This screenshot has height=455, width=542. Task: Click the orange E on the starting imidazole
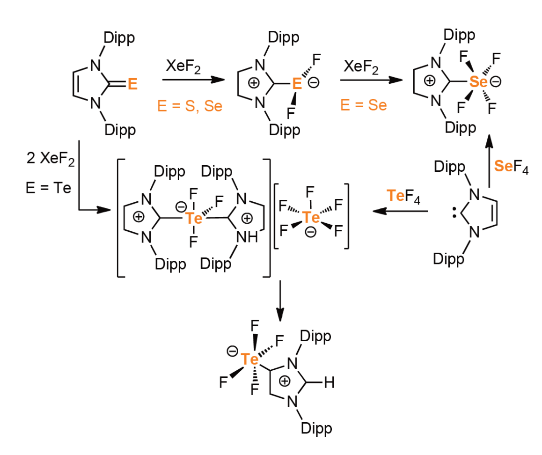(x=132, y=84)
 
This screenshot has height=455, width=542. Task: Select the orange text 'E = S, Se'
(x=190, y=106)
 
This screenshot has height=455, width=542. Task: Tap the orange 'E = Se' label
(x=363, y=105)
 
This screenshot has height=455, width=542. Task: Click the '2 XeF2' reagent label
(x=51, y=159)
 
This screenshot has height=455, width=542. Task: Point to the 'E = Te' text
(x=48, y=188)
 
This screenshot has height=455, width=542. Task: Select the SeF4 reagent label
(x=511, y=167)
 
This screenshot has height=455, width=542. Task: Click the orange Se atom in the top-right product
(x=478, y=82)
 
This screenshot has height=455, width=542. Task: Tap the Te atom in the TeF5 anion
(x=311, y=218)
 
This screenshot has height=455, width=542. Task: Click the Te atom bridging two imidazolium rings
(x=194, y=218)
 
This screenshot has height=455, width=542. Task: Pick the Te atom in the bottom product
(x=249, y=359)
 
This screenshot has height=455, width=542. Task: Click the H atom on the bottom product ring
(x=329, y=383)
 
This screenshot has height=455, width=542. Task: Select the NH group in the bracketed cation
(x=247, y=237)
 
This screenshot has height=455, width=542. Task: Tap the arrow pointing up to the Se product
(x=489, y=161)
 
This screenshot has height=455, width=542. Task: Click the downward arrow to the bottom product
(x=280, y=301)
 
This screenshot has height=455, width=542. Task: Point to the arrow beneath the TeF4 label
(x=400, y=211)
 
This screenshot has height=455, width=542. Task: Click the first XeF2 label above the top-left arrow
(x=183, y=66)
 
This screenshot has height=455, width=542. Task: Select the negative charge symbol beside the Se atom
(x=496, y=82)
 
